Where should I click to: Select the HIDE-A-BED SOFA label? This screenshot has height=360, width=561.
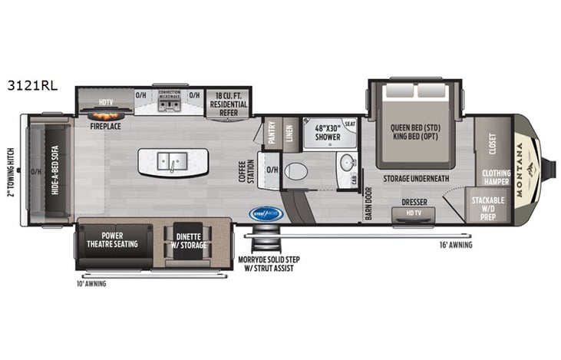pos(56,173)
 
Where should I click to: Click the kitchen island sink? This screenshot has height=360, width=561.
pos(173,161)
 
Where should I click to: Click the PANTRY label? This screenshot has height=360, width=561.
pos(272,136)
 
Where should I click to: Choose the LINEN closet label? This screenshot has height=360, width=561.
pos(289,136)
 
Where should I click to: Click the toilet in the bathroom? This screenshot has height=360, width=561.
pos(295,170)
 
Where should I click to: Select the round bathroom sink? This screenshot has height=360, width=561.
pos(347,163)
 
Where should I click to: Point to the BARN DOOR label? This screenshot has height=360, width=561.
pos(368,203)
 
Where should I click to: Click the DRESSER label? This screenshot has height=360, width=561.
pos(414,203)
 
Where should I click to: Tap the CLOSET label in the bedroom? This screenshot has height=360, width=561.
pos(492,144)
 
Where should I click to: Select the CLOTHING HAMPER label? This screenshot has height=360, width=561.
pos(496,177)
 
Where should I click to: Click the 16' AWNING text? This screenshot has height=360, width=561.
pos(456,245)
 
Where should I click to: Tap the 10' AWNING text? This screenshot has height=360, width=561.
pos(91,283)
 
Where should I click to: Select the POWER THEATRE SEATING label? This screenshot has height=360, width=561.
pos(115,239)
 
